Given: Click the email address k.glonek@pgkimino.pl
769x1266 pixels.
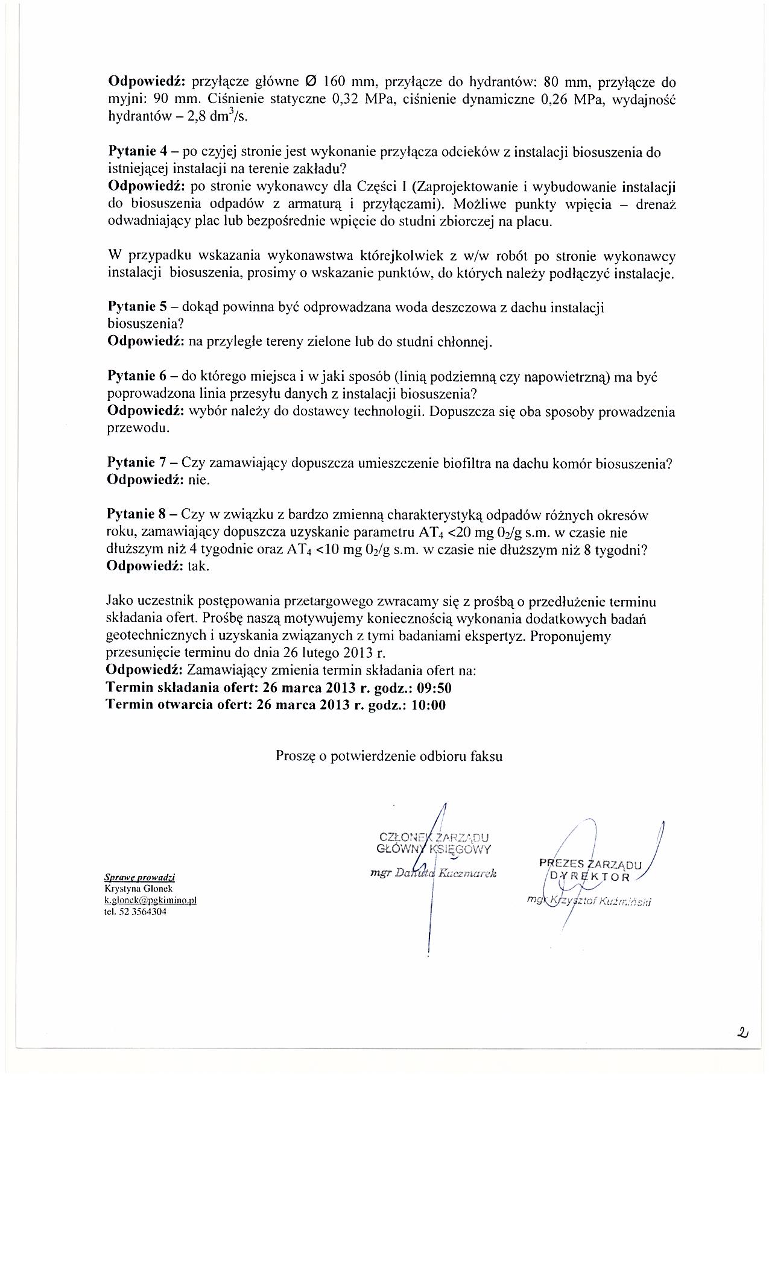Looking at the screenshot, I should tap(151, 900).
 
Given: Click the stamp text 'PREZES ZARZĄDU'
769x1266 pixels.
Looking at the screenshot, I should tap(591, 864).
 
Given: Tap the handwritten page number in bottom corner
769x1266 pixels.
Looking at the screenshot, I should tap(741, 1034).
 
